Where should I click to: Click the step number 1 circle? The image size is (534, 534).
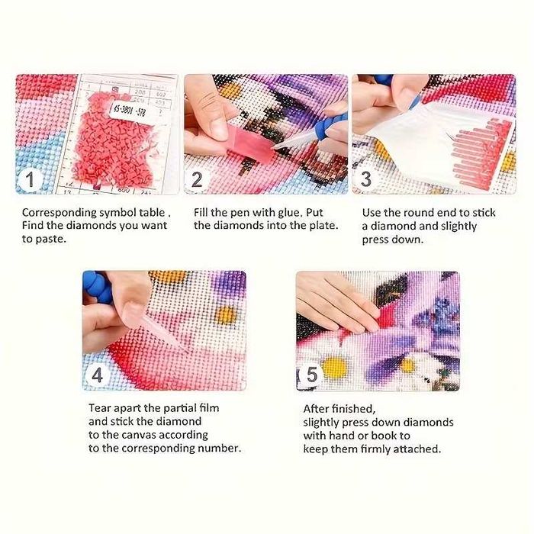pyautogui.click(x=30, y=179)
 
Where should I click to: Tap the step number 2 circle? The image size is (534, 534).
pyautogui.click(x=197, y=179)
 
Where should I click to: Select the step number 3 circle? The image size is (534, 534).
pyautogui.click(x=365, y=179)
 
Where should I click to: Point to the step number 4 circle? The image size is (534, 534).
pyautogui.click(x=97, y=375)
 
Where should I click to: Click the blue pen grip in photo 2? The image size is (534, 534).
pyautogui.click(x=329, y=124)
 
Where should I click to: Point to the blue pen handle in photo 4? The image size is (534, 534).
pyautogui.click(x=98, y=286)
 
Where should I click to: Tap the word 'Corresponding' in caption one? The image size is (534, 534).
pyautogui.click(x=60, y=213)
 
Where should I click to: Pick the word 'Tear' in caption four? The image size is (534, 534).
pyautogui.click(x=100, y=408)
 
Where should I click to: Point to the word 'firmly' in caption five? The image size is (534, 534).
pyautogui.click(x=375, y=449)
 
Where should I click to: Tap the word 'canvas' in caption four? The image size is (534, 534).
pyautogui.click(x=139, y=436)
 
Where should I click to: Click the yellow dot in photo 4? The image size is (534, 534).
pyautogui.click(x=225, y=315)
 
